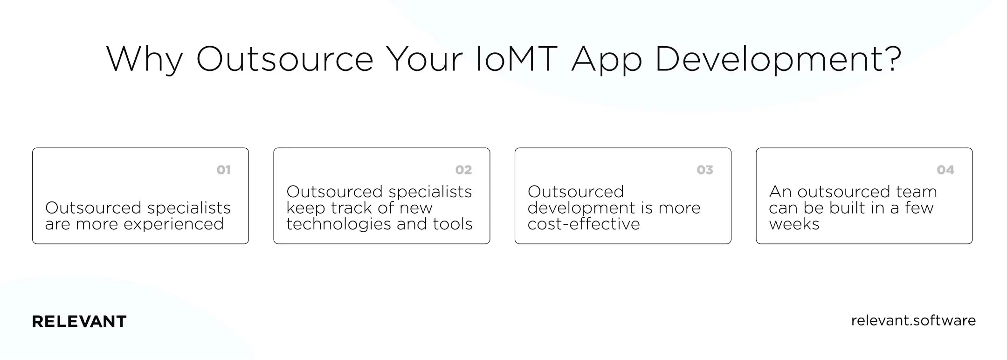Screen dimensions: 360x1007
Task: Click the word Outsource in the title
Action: (x=284, y=60)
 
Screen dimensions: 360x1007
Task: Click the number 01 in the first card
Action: (x=224, y=170)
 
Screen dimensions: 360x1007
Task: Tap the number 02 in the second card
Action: (x=463, y=170)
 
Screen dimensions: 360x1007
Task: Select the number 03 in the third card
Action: (x=705, y=170)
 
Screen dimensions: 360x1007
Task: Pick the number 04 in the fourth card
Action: (x=945, y=170)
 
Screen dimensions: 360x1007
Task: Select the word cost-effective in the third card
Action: (x=584, y=224)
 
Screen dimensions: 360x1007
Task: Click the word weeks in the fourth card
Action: (x=794, y=224)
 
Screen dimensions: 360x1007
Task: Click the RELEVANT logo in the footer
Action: (x=79, y=322)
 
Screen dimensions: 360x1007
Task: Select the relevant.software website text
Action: (x=913, y=320)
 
